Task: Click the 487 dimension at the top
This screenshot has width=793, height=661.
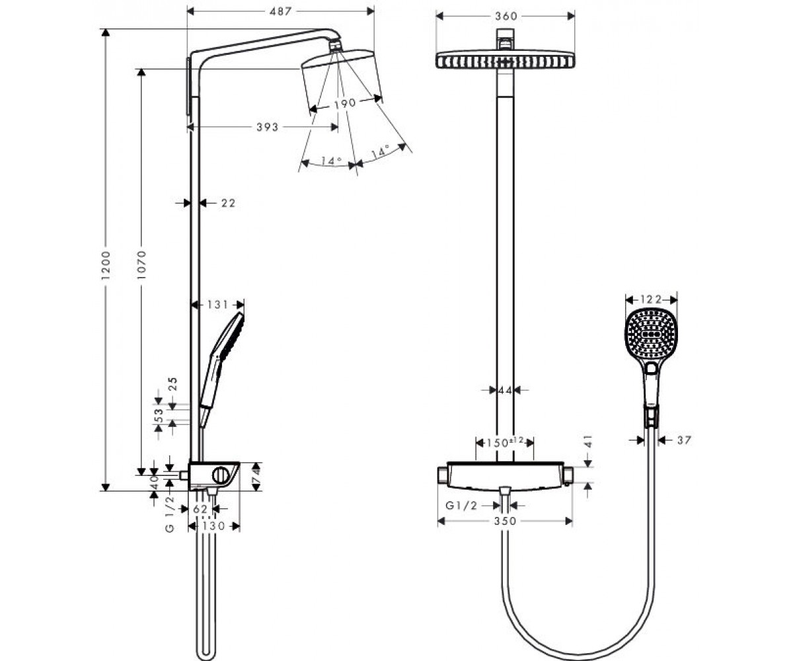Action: click(x=280, y=11)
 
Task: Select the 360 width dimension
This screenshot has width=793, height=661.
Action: click(x=506, y=16)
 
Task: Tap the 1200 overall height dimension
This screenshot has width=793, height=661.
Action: click(x=106, y=266)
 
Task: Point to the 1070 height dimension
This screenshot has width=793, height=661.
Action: click(x=141, y=265)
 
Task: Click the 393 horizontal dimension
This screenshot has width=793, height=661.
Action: click(x=268, y=127)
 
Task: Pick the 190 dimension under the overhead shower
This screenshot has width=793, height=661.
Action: click(x=345, y=103)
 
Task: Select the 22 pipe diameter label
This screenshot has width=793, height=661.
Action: click(x=228, y=203)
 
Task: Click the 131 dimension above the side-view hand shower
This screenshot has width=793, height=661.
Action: click(x=217, y=305)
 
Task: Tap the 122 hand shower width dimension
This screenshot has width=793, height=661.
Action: click(x=651, y=299)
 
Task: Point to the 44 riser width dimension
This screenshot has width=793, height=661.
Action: click(x=505, y=390)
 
